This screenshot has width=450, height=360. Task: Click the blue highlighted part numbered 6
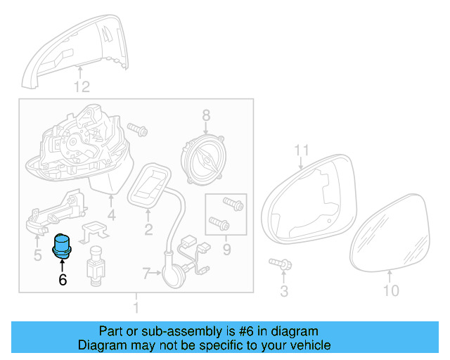click(x=63, y=246)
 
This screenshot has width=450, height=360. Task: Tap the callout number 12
click(x=82, y=87)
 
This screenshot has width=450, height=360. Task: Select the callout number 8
click(x=206, y=115)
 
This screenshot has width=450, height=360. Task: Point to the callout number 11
click(x=302, y=150)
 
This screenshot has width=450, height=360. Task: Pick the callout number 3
click(x=284, y=290)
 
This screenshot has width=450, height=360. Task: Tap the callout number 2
click(x=148, y=229)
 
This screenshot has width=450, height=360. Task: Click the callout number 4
click(x=111, y=215)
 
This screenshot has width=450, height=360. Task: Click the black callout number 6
click(x=63, y=280)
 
